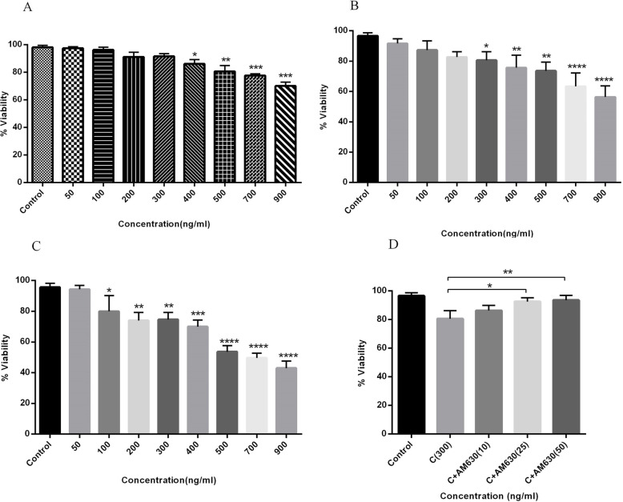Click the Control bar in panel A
coord(42,114)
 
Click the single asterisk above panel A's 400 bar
coord(195,54)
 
